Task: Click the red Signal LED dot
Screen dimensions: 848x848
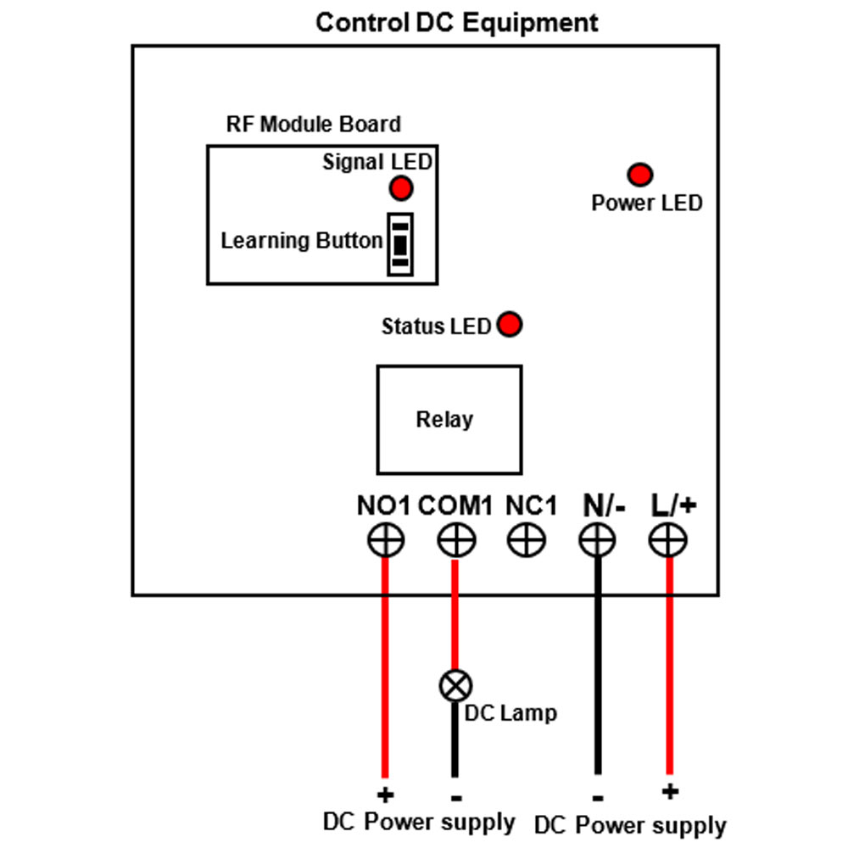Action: pyautogui.click(x=401, y=188)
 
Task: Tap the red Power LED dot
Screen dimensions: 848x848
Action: pyautogui.click(x=639, y=175)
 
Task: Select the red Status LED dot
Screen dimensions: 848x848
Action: pyautogui.click(x=510, y=325)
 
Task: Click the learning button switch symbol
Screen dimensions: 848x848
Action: pyautogui.click(x=400, y=244)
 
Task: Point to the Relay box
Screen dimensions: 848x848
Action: pyautogui.click(x=449, y=420)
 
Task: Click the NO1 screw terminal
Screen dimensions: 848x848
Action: pyautogui.click(x=386, y=539)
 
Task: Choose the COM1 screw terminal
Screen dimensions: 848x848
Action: pyautogui.click(x=456, y=539)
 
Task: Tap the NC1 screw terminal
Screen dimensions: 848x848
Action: pyautogui.click(x=527, y=539)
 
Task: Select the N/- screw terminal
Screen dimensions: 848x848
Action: pyautogui.click(x=597, y=539)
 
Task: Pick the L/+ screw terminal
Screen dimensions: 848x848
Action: pyautogui.click(x=668, y=539)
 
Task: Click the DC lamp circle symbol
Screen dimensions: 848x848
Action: pyautogui.click(x=456, y=686)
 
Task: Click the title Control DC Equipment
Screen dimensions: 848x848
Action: pyautogui.click(x=457, y=23)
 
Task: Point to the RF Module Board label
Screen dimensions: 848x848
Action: pyautogui.click(x=314, y=124)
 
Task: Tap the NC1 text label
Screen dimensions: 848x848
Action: pyautogui.click(x=531, y=505)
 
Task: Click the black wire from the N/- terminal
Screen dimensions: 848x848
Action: pyautogui.click(x=598, y=665)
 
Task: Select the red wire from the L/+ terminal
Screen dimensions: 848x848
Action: pyautogui.click(x=670, y=665)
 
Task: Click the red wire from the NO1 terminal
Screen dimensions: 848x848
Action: pyautogui.click(x=385, y=667)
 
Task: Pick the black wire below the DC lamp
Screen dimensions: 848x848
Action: pyautogui.click(x=455, y=739)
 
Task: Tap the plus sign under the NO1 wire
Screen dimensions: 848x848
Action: pyautogui.click(x=386, y=795)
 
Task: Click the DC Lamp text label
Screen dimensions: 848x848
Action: pyautogui.click(x=510, y=713)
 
